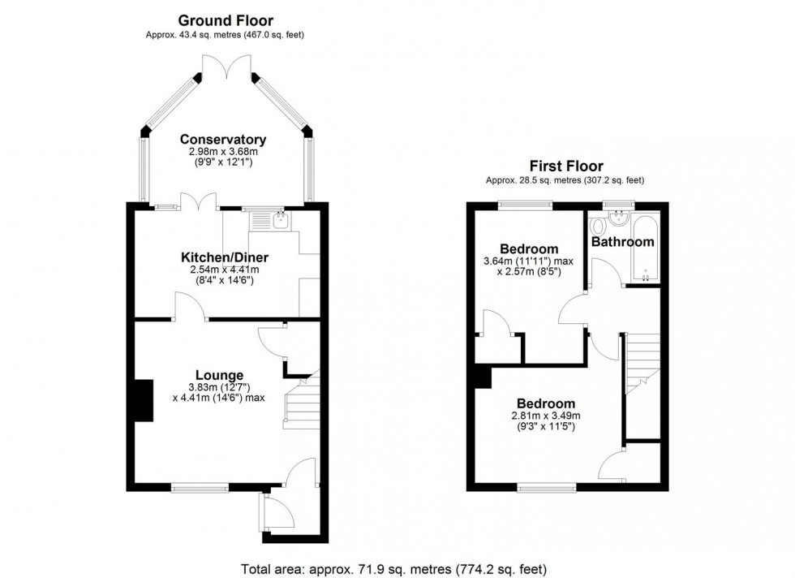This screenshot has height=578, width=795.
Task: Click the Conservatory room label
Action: point(223,139)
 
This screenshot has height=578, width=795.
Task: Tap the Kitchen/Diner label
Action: point(224,257)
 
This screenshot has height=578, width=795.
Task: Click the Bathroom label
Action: point(622,242)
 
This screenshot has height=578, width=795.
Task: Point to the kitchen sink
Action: point(269,220)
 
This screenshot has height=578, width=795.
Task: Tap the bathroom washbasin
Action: point(620,217)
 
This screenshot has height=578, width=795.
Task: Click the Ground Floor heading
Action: point(225,20)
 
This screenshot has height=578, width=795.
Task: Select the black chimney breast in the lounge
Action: point(144,400)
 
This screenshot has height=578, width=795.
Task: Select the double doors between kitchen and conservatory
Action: point(198,202)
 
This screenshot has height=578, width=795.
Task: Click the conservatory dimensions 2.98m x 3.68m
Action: point(223,151)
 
